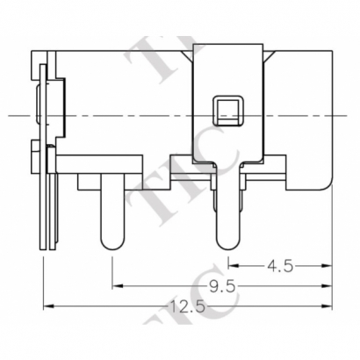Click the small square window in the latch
(x=226, y=110)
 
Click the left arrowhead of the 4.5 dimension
(x=232, y=263)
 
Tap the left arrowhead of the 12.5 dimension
(x=47, y=306)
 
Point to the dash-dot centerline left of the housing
(x=18, y=115)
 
